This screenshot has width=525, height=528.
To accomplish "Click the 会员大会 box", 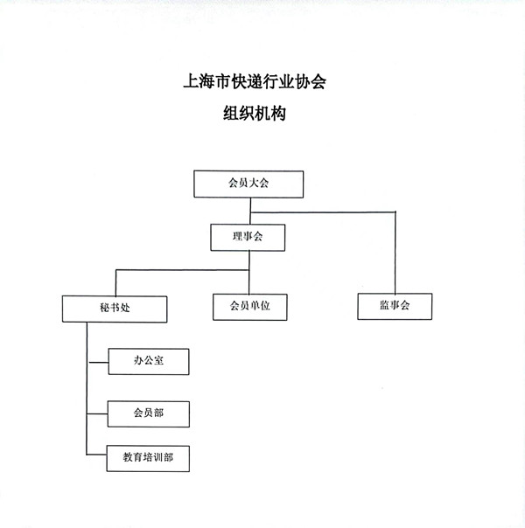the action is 248,184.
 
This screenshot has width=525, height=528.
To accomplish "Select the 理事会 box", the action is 248,238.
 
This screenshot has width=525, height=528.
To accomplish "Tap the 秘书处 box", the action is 115,309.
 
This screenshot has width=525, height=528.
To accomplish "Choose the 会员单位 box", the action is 250,307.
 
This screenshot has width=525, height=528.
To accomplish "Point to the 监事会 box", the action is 395,306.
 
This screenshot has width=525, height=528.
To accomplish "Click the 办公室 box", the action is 149,362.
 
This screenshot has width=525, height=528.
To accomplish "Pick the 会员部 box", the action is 148,413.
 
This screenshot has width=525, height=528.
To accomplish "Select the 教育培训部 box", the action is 148,458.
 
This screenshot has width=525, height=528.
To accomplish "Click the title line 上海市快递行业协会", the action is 255,82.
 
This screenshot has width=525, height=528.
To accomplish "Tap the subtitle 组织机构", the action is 255,113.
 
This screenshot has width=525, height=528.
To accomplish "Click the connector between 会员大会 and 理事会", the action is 250,211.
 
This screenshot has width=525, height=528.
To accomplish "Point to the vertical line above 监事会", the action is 395,253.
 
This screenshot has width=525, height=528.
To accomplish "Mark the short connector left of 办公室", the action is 98,363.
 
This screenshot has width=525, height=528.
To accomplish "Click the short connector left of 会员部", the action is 97,413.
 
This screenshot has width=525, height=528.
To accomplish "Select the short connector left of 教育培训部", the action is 97,455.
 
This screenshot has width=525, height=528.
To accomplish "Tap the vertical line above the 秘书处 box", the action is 115,282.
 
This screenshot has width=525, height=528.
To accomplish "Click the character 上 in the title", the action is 191,82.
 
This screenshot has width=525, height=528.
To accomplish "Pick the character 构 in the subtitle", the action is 278,113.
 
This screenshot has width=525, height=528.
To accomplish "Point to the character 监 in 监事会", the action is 384,305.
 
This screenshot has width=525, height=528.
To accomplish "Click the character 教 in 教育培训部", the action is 128,457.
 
